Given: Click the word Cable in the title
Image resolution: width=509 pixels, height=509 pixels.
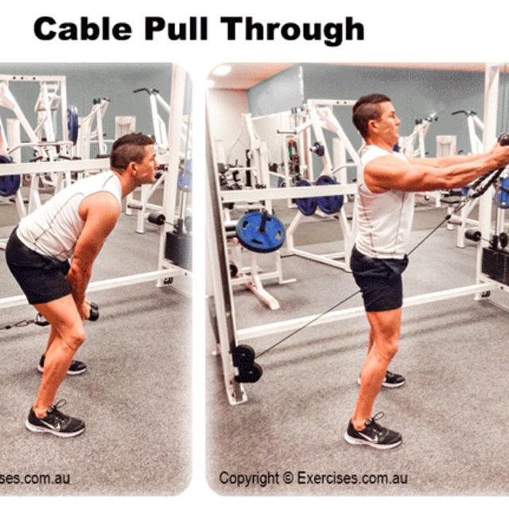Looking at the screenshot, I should (82, 29).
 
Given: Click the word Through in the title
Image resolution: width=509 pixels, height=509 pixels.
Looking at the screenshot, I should (293, 30).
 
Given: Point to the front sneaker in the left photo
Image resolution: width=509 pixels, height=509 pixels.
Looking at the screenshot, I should (55, 421).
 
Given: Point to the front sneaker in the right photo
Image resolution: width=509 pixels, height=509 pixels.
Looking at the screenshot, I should (373, 433).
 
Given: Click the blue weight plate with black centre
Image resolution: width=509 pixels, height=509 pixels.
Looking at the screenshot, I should (260, 231).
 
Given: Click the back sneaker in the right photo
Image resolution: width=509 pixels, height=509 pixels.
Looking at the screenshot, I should (389, 379).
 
